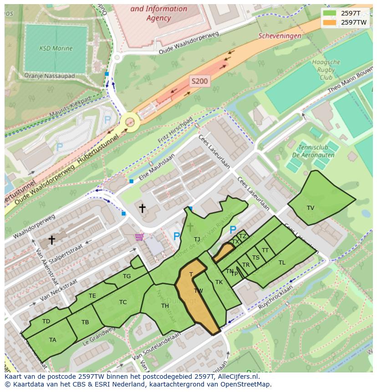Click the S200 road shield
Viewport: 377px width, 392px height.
[199, 81]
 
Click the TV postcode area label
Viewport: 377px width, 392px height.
[311, 208]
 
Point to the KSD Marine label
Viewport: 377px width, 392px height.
[56, 48]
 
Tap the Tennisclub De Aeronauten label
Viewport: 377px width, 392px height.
[313, 151]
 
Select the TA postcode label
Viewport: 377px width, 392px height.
[52, 340]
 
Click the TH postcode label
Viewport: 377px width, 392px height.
[165, 306]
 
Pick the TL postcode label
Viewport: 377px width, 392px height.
[282, 263]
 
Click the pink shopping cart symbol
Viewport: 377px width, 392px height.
[139, 237]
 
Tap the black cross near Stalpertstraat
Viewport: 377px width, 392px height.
[52, 239]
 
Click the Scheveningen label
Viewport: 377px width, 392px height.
[280, 36]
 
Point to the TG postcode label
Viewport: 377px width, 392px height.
[127, 276]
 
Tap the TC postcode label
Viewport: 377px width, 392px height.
[123, 302]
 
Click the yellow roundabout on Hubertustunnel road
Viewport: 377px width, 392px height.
[130, 122]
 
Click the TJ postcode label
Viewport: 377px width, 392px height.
[197, 239]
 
